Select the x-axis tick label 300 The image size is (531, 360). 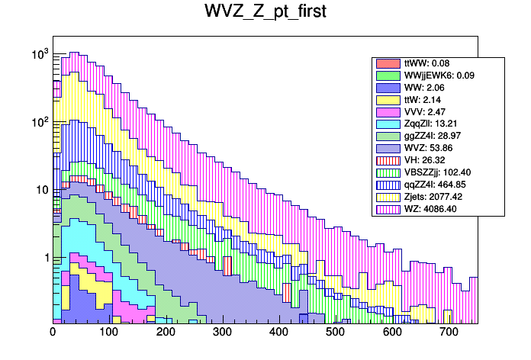[x=222, y=333]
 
